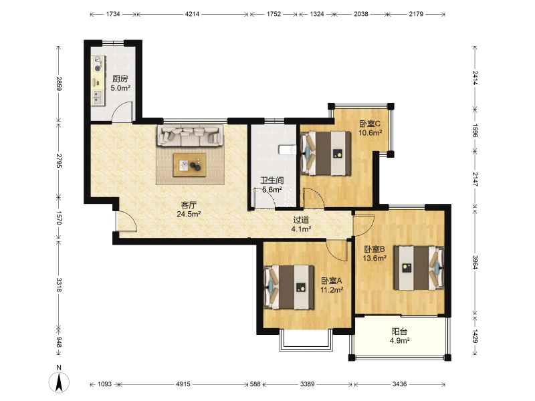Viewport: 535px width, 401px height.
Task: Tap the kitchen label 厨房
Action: (120, 79)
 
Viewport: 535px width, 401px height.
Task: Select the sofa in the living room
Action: (190, 136)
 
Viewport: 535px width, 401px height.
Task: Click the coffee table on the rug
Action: (189, 165)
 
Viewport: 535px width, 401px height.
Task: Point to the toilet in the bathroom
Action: (288, 150)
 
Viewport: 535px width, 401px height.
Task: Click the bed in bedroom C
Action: (326, 154)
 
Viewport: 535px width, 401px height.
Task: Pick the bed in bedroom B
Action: (419, 268)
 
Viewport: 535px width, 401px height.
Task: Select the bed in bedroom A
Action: (289, 287)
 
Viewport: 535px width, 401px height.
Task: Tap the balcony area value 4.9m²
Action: (399, 340)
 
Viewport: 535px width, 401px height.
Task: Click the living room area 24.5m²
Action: (189, 214)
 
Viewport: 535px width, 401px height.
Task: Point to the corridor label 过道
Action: (301, 221)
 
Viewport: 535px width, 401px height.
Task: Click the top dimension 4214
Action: (192, 14)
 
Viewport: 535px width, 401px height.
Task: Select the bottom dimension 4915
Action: (183, 384)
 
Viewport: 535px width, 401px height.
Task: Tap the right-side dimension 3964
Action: (475, 261)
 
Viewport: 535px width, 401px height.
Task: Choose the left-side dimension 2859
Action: (59, 84)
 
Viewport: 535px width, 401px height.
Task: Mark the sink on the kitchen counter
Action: (98, 97)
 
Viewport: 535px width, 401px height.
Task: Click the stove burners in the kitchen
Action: (98, 64)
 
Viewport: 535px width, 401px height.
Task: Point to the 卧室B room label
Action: (374, 249)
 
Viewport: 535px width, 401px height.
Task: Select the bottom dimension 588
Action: (255, 384)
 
